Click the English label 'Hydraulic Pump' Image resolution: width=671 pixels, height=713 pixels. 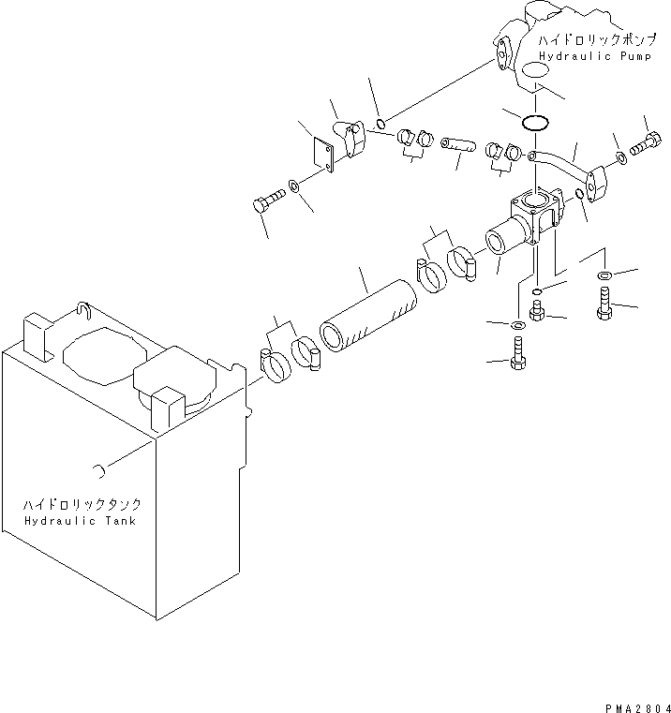[x=595, y=56]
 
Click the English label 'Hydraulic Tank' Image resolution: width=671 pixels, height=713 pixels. [x=80, y=521]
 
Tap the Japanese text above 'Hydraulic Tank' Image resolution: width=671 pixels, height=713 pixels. [x=82, y=504]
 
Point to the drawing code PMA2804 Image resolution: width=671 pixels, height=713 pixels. [x=637, y=708]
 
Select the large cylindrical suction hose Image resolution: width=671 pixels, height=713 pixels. [x=368, y=316]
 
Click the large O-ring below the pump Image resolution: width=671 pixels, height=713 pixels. [x=535, y=123]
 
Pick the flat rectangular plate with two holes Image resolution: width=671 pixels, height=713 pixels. [x=323, y=155]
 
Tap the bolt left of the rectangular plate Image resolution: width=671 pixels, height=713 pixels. [x=268, y=201]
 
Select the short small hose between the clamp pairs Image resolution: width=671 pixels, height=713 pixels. [x=458, y=144]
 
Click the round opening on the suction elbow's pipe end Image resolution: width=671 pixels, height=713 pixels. [x=496, y=242]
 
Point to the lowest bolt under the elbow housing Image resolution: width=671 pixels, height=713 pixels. [x=518, y=353]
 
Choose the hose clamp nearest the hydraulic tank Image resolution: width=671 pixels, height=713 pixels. [x=276, y=364]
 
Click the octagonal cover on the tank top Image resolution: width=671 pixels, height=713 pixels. [x=105, y=356]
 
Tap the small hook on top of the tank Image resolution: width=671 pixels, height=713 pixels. [x=84, y=309]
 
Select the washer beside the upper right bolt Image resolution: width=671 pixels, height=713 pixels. [x=621, y=158]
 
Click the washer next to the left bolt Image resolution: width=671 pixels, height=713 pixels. [x=294, y=186]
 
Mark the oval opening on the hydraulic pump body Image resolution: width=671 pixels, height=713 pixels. [x=535, y=70]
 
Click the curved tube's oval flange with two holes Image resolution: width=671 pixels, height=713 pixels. [x=595, y=184]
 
